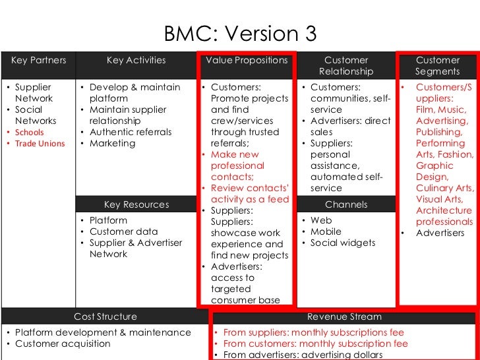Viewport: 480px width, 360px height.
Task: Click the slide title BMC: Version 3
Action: click(x=240, y=33)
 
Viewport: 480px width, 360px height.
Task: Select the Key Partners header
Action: click(x=39, y=60)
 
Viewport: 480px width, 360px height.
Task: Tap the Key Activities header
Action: click(x=136, y=60)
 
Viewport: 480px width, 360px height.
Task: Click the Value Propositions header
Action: click(x=247, y=60)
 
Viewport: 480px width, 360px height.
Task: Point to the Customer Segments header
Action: click(x=437, y=65)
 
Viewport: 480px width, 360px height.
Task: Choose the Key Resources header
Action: click(x=136, y=204)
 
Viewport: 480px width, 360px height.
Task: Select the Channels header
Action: click(x=346, y=204)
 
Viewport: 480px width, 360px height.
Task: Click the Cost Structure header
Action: click(x=105, y=316)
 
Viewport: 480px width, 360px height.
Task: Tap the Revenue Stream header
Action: click(x=344, y=316)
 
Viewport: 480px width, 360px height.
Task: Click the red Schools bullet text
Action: click(x=29, y=133)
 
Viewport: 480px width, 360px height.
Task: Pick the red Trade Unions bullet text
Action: click(x=40, y=144)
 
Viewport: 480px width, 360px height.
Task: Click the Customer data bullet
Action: click(x=123, y=231)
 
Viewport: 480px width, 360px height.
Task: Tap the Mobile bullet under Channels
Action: click(x=326, y=231)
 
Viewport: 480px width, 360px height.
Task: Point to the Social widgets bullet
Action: click(x=342, y=243)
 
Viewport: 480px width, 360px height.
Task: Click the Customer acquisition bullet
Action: click(x=63, y=344)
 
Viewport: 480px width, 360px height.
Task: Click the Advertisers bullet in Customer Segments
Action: click(x=440, y=233)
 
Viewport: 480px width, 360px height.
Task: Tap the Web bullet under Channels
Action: click(x=321, y=220)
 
